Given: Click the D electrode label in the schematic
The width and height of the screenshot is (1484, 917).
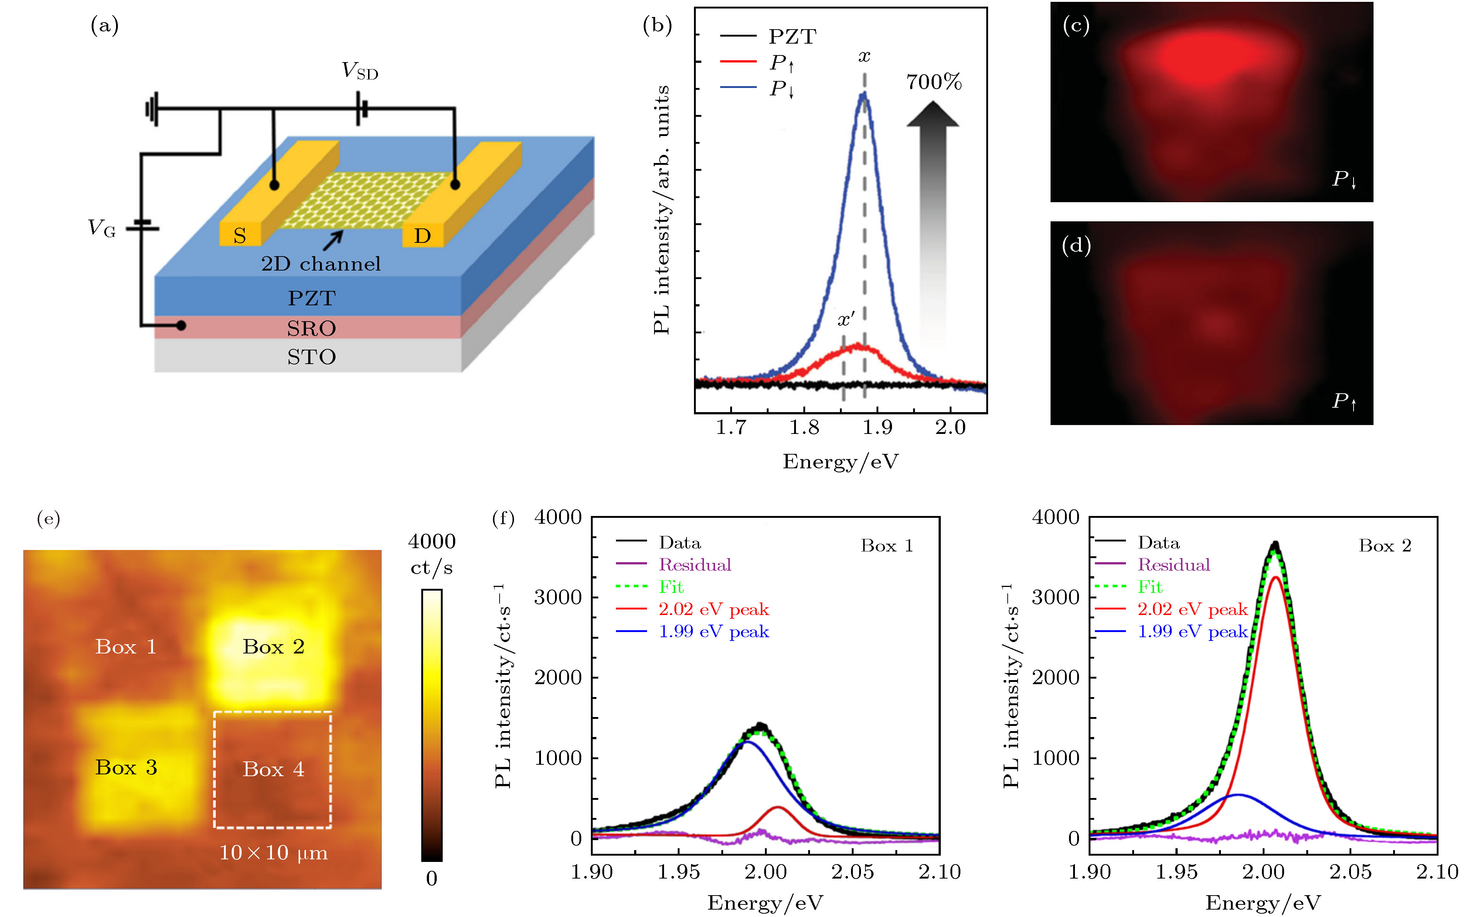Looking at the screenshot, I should click(x=422, y=235).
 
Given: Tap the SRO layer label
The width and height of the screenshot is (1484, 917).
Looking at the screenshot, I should click(x=311, y=328).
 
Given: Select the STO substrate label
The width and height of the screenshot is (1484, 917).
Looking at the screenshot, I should click(x=311, y=357).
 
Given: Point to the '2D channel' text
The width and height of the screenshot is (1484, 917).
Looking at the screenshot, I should click(x=321, y=264).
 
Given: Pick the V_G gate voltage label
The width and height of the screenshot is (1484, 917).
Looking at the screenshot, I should click(x=101, y=228).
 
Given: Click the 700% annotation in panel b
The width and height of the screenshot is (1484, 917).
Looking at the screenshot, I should click(x=933, y=82).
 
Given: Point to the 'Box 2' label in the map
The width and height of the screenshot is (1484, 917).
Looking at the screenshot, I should click(x=273, y=646).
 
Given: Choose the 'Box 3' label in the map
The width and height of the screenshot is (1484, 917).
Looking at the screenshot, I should click(x=126, y=768).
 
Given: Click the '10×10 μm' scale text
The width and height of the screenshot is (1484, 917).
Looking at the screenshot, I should click(x=273, y=853).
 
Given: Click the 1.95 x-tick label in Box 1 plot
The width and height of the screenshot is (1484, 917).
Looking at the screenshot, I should click(x=678, y=872).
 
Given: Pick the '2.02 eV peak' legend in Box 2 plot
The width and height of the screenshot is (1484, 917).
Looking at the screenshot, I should click(x=1192, y=609).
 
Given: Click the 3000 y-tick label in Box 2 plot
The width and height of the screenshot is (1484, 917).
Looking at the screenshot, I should click(x=1055, y=597).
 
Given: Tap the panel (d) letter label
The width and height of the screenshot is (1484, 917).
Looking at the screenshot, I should click(x=1076, y=245).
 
